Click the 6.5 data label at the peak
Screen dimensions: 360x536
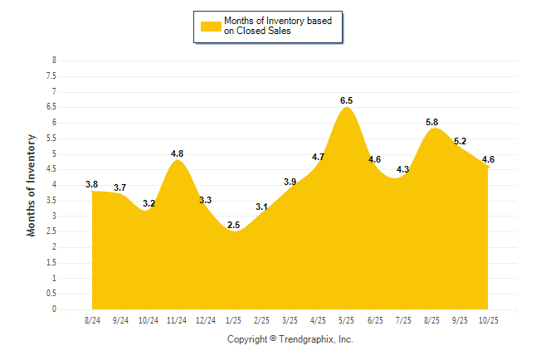click(x=347, y=100)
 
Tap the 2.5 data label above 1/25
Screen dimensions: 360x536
click(x=234, y=225)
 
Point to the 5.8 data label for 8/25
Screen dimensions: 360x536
click(x=432, y=122)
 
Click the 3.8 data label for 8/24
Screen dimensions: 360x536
click(x=92, y=184)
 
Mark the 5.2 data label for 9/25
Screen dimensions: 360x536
click(x=460, y=141)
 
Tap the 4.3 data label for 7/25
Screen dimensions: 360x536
click(x=403, y=169)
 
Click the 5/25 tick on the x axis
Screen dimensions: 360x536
click(x=347, y=319)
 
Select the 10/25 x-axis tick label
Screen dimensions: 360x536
click(x=488, y=319)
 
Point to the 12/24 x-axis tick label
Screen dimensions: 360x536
click(x=205, y=319)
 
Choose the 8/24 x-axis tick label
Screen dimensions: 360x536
click(x=92, y=319)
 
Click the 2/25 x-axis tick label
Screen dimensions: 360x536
click(x=262, y=319)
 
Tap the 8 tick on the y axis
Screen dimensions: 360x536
click(x=54, y=61)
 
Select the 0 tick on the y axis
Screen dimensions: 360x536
click(x=54, y=309)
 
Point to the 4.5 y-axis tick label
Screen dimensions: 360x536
click(x=51, y=169)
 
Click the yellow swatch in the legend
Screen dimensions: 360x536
click(x=210, y=27)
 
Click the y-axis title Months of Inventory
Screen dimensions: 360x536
click(x=32, y=185)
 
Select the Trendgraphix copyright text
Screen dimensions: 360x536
click(x=290, y=339)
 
